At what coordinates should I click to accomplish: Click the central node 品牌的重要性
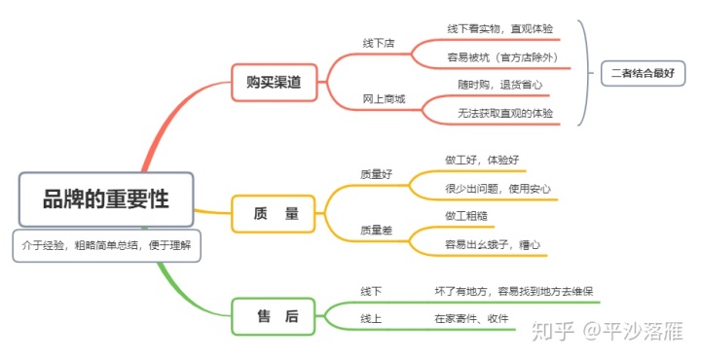[106, 200]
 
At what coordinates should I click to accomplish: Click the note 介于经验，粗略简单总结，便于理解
[106, 246]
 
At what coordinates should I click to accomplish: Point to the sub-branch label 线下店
[380, 44]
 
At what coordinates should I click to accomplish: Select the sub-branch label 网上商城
[384, 98]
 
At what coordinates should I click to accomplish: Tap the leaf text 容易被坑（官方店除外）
[502, 57]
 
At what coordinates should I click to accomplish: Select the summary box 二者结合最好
[642, 72]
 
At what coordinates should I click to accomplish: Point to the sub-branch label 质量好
[377, 174]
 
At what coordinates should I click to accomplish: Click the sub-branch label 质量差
[377, 230]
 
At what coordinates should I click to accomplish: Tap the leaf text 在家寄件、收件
[471, 317]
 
